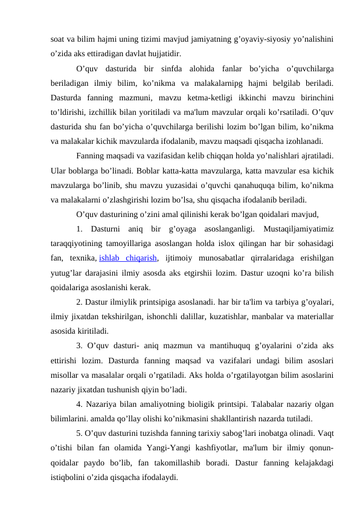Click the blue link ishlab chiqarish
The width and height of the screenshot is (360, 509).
click(129, 260)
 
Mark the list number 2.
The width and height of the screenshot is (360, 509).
click(80, 301)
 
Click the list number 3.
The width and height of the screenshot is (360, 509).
click(80, 346)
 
